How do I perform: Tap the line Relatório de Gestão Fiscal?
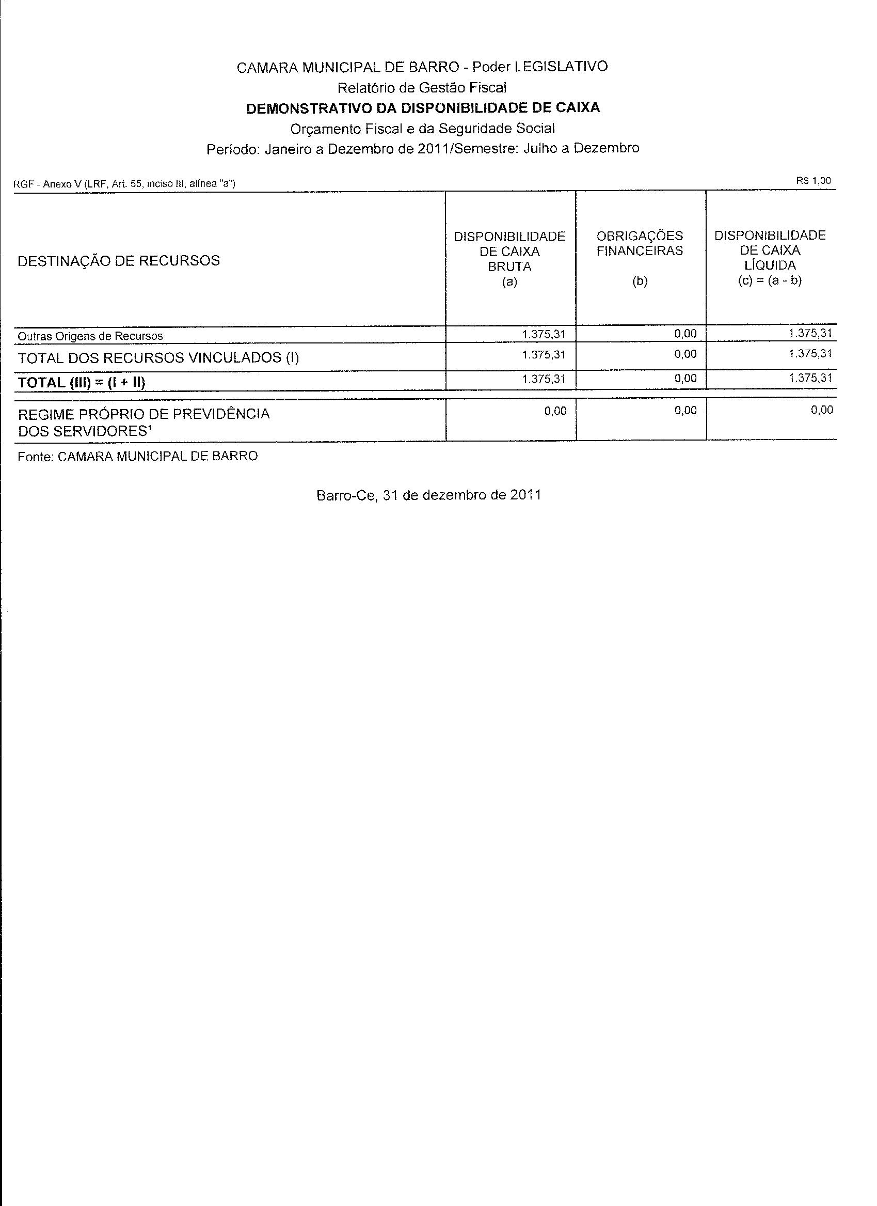[422, 87]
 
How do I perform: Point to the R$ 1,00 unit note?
[813, 181]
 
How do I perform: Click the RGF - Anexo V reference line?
[124, 184]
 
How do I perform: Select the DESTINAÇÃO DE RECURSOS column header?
[119, 260]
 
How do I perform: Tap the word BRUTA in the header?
[509, 267]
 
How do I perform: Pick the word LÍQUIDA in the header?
[770, 265]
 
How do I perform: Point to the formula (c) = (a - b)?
[770, 281]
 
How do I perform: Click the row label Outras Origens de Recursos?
[90, 336]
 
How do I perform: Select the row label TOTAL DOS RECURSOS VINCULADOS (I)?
[158, 358]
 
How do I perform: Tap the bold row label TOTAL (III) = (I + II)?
[82, 382]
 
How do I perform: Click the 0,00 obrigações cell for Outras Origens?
[685, 334]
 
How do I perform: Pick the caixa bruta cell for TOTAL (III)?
[544, 379]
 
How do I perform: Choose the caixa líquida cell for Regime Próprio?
[822, 410]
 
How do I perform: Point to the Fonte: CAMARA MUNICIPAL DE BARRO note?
[138, 456]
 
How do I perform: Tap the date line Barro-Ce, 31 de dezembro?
[428, 495]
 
